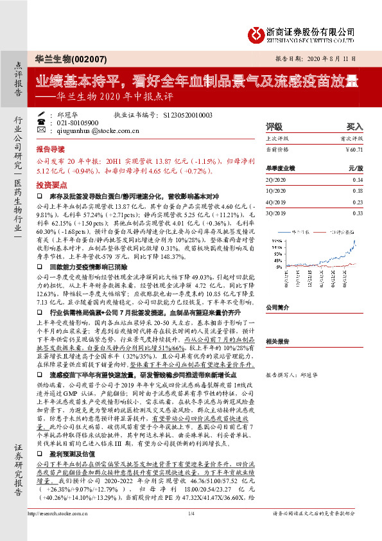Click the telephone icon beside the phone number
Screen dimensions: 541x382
pyautogui.click(x=42, y=122)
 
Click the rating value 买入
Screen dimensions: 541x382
pyautogui.click(x=355, y=127)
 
